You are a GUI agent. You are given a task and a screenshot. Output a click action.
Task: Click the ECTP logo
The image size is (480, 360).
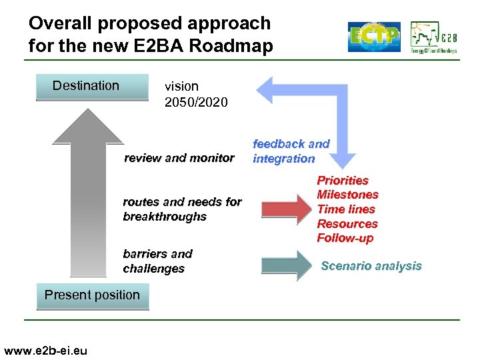pos(374,37)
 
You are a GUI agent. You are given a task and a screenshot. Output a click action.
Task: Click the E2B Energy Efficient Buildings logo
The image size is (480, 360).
pos(434,37)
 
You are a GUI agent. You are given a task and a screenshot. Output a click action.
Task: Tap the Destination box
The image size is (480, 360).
pos(91,86)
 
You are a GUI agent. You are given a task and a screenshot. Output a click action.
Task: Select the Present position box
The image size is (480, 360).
pos(92,295)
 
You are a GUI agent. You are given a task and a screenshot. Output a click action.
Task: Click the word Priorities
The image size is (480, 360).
pos(343,180)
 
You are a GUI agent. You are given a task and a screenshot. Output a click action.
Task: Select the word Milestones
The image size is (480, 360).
pos(347,195)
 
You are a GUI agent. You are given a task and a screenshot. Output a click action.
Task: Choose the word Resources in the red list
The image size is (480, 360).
pos(347,224)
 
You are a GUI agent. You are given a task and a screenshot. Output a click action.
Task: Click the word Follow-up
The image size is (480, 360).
pos(345,238)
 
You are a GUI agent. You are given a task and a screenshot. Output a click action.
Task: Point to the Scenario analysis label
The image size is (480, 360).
pos(371,266)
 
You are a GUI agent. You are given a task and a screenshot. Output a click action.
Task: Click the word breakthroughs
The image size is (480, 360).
pos(165,217)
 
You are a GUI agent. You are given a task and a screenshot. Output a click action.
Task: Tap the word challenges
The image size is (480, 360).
pos(153,269)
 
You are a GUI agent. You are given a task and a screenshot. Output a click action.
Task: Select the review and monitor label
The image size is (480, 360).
pos(179,158)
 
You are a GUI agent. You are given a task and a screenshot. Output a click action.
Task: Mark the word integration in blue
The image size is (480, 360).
pos(283,159)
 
